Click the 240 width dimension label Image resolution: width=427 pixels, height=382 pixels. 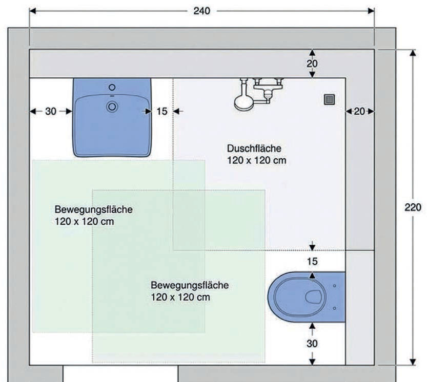201,11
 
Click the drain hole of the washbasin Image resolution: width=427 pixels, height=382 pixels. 112,106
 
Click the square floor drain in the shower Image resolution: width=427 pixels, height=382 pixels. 330,99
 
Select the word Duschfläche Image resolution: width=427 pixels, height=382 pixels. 254,148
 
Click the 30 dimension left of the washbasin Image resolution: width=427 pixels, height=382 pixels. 50,111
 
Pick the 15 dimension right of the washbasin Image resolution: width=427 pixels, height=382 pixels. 162,111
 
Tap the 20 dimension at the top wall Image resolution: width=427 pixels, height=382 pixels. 312,64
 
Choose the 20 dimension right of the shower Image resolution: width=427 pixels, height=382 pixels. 360,111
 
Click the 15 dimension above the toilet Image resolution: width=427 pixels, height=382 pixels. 312,262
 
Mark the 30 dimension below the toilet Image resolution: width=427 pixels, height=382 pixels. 312,344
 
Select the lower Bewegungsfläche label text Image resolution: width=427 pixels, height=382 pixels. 190,285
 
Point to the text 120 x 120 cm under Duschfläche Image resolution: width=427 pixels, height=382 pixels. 256,160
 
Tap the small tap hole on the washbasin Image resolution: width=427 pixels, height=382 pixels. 112,88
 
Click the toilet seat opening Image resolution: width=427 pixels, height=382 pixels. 313,296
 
